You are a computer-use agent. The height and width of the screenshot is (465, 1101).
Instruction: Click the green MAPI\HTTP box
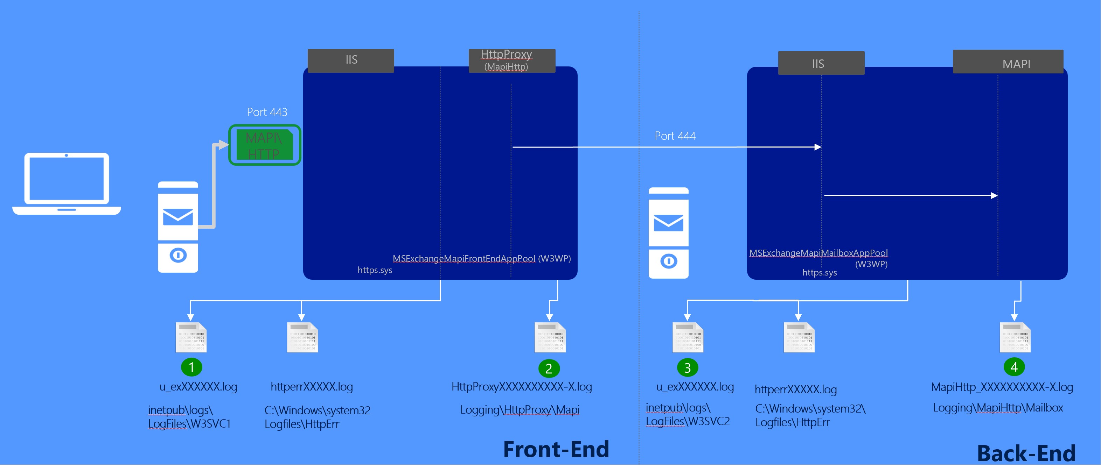point(265,145)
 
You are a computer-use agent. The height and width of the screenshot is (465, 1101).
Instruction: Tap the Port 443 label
point(267,112)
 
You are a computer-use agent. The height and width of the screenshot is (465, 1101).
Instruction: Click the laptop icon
point(67,184)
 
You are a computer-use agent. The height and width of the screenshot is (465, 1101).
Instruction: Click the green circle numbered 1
point(191,367)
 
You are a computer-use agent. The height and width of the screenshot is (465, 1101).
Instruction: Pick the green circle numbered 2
point(549,369)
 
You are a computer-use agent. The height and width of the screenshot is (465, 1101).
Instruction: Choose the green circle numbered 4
point(1014,367)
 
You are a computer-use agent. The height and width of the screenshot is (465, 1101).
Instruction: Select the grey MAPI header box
point(1008,62)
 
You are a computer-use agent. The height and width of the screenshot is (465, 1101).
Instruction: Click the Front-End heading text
point(556,449)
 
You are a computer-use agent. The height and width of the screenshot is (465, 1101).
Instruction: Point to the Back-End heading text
point(1026,453)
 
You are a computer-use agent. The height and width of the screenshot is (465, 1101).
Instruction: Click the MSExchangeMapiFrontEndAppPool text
point(464,259)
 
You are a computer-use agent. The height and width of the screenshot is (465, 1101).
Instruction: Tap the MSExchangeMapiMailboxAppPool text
point(818,253)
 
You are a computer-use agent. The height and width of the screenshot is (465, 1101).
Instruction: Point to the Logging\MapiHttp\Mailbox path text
point(998,408)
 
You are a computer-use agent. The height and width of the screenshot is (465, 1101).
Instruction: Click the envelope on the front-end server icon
point(178,217)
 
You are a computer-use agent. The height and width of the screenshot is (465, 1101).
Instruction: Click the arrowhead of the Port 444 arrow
point(818,147)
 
